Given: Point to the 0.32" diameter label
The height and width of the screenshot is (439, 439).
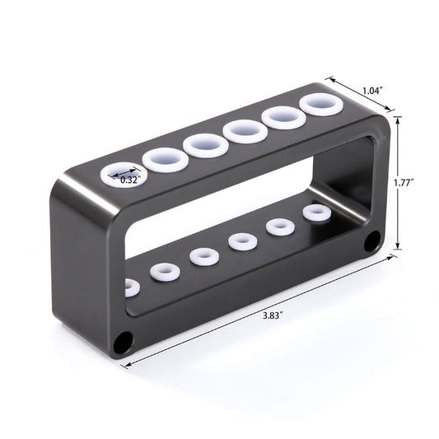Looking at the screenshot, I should [x=129, y=179].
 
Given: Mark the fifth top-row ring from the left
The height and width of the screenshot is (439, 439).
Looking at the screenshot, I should [x=283, y=118].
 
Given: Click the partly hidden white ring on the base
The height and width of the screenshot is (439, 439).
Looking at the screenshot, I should [x=128, y=288].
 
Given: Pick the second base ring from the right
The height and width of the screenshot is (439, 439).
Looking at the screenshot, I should [x=278, y=227].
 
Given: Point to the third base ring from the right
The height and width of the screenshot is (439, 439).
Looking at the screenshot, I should [x=241, y=241].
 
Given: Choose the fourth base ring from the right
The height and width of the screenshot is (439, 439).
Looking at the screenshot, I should [x=202, y=255].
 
